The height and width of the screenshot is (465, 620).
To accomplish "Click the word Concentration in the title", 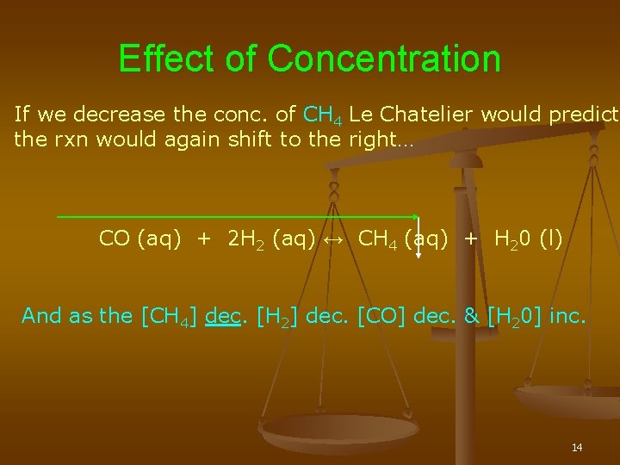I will tap(384, 59).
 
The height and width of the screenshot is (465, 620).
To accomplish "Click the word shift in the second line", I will tap(252, 139).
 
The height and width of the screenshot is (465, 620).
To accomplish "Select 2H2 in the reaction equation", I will tap(246, 239).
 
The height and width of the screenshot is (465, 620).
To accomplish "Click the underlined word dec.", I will tap(223, 316).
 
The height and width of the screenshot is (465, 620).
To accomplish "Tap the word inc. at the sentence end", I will tap(567, 316).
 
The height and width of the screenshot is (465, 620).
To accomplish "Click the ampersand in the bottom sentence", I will tap(471, 316).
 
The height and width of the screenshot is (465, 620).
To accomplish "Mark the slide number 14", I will tap(577, 447).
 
